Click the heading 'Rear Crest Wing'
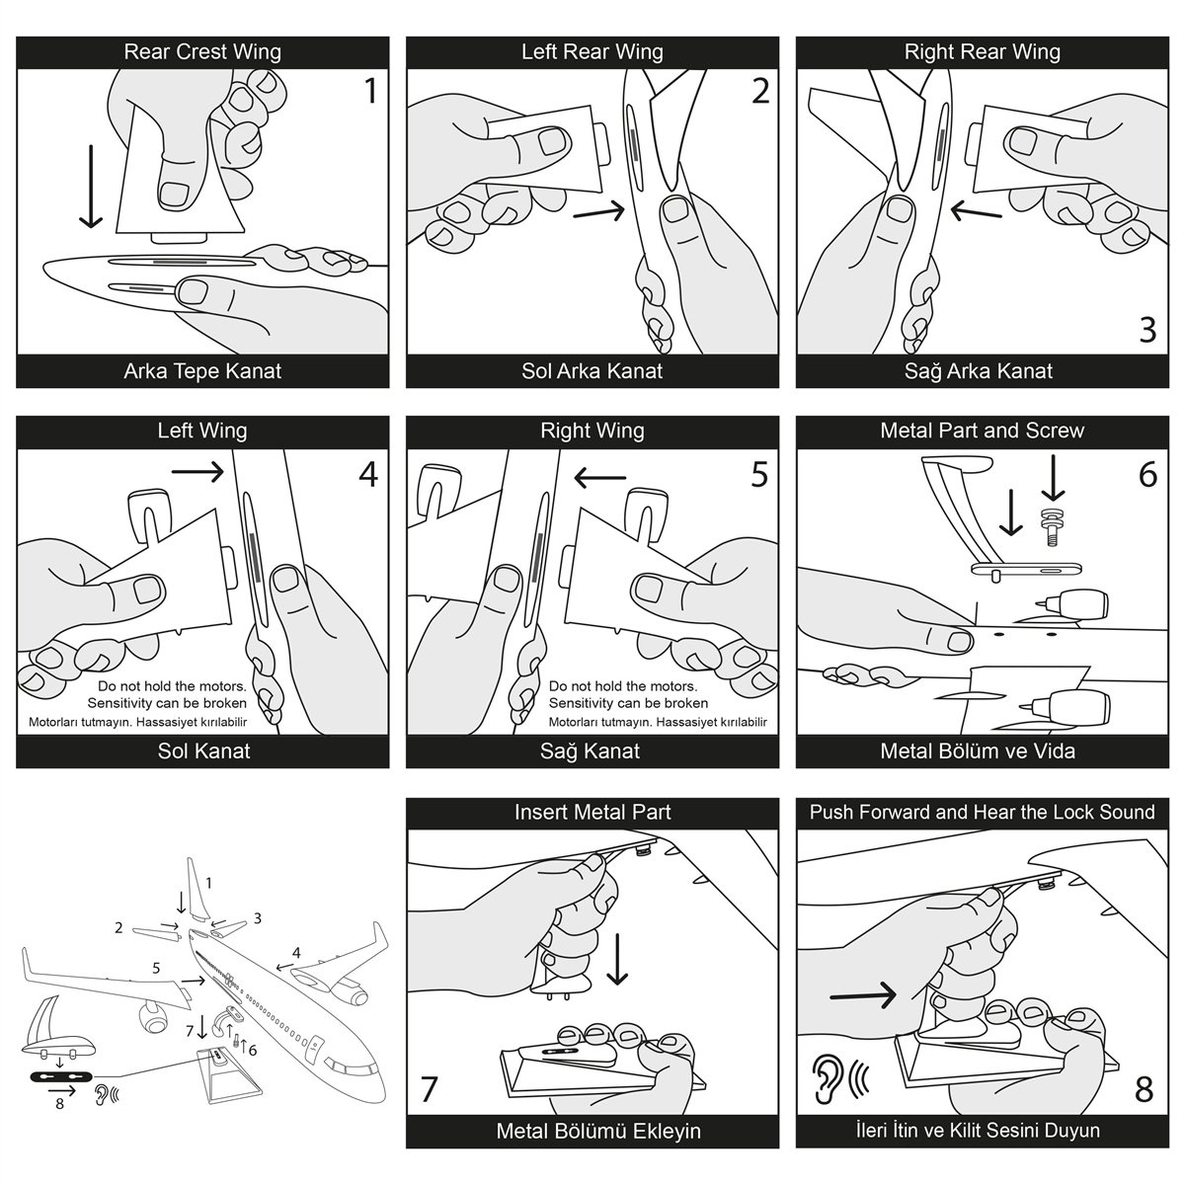coord(201,52)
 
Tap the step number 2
coord(758,91)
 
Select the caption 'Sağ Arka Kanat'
coord(982,371)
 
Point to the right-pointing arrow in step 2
coord(598,210)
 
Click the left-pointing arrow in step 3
coord(977,210)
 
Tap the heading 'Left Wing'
coord(201,431)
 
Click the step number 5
coord(758,474)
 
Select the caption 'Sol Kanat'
coord(203,750)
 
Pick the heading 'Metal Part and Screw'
coord(982,431)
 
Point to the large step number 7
coord(430,1089)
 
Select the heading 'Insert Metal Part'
coord(592,812)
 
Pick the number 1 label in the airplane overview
coord(208,882)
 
